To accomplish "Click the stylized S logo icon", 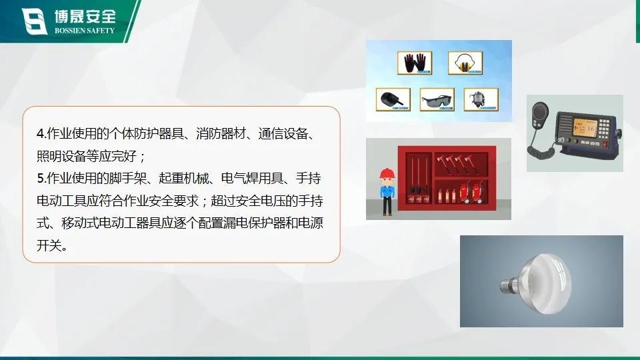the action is click(x=34, y=21).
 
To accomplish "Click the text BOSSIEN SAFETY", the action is click(x=85, y=31).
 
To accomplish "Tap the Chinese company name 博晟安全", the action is click(x=85, y=16).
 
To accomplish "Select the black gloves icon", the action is click(x=414, y=63).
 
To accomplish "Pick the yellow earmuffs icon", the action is click(x=465, y=63).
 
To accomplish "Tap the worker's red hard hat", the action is click(x=387, y=174).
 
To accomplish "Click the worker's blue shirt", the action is click(x=387, y=192).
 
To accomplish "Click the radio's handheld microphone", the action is click(x=541, y=115).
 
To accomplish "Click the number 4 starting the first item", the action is click(x=40, y=134).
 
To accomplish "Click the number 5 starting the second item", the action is click(x=40, y=179).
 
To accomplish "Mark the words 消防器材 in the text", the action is click(x=221, y=133).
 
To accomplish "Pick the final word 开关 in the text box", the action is click(x=49, y=245).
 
